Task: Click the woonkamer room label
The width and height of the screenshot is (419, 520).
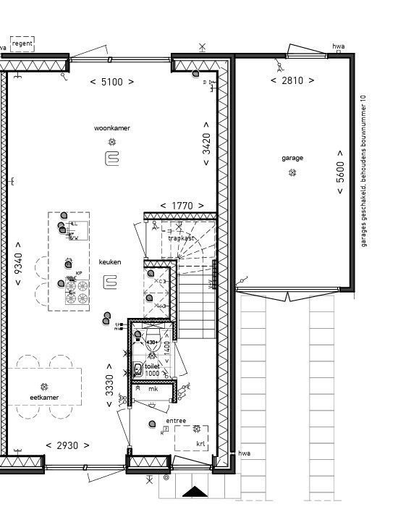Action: tap(111, 128)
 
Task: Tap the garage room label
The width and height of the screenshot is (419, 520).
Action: tap(292, 158)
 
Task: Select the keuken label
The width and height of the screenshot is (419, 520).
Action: tap(110, 262)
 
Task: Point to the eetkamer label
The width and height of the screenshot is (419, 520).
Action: tap(44, 398)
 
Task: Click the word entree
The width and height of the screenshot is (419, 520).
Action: tap(176, 421)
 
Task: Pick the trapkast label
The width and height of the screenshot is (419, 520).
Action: tap(181, 238)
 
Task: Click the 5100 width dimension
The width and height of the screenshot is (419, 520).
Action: tap(111, 82)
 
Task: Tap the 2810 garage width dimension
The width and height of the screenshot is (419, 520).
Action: tap(292, 80)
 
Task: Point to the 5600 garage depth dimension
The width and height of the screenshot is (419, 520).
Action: tap(340, 172)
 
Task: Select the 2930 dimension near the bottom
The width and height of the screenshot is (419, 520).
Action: tap(67, 445)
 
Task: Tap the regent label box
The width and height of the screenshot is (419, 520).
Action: tap(22, 44)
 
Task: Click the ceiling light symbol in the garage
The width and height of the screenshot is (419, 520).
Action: tap(292, 172)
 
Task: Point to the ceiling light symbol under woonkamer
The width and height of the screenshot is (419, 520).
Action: tap(111, 142)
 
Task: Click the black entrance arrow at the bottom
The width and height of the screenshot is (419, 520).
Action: tap(194, 492)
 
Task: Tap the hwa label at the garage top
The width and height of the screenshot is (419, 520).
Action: tap(338, 46)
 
